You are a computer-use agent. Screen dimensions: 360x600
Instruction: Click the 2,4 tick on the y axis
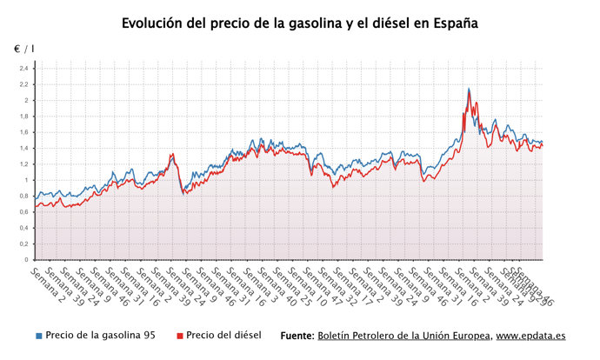[x=23, y=68]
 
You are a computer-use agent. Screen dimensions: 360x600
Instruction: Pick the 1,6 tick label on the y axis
[x=23, y=132]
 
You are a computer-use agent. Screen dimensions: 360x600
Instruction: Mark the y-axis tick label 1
[x=25, y=180]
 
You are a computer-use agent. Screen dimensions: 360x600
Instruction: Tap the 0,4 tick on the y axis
[x=23, y=228]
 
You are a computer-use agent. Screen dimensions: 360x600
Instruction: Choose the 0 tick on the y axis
[x=25, y=260]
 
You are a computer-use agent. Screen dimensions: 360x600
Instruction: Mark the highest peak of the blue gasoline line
[x=469, y=89]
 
